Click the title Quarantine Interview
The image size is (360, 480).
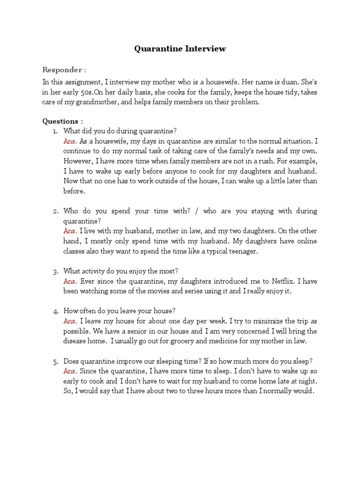(x=180, y=48)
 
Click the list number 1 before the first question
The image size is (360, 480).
(x=55, y=131)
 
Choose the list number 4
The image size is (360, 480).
(x=55, y=311)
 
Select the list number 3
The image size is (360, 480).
(x=55, y=271)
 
